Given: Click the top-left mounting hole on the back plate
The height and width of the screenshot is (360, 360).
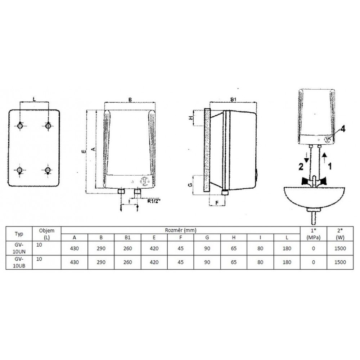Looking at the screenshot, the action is pos(20,126).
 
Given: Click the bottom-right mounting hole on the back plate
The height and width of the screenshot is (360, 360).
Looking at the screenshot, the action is pos(48,170).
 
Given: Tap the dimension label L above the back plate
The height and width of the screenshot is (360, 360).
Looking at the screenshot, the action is pos(35,99).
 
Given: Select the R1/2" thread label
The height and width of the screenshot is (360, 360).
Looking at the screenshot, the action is pos(153,201).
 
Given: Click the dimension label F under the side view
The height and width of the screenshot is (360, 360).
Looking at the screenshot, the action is pos(217,203).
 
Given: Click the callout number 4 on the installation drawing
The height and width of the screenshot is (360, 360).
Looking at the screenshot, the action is pos(342,129).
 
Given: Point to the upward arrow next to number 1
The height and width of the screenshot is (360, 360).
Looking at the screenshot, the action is pos(324,158).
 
